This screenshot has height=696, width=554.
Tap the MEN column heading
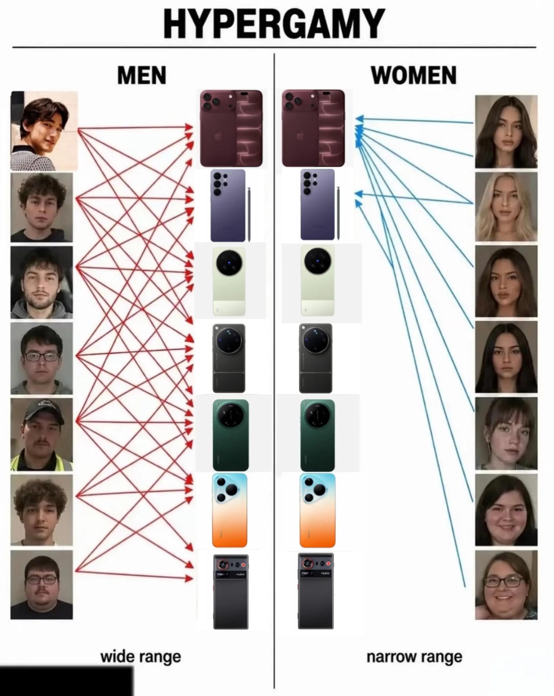142,75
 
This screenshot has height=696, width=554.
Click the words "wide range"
141,656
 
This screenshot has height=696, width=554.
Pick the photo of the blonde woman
506,207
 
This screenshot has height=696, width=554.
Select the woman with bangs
506,433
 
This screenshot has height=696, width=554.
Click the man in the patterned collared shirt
44,131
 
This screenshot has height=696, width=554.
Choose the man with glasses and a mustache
42,585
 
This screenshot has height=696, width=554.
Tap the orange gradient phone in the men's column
230,510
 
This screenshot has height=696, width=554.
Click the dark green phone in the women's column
317,435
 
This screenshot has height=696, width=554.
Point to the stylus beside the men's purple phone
249,214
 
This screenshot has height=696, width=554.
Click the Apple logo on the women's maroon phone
300,136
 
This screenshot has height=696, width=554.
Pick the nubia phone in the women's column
315,591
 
